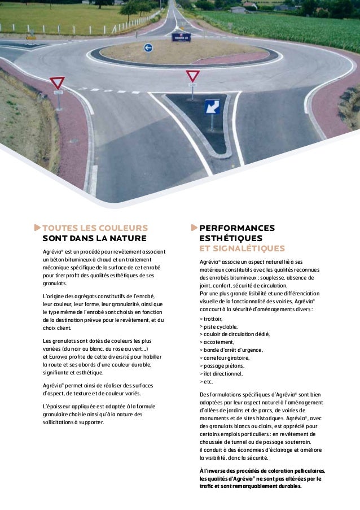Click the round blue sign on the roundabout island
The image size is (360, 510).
pyautogui.click(x=148, y=48)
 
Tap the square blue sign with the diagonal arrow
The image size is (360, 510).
pyautogui.click(x=212, y=106)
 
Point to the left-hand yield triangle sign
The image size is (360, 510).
pyautogui.click(x=57, y=83)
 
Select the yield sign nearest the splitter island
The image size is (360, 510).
pyautogui.click(x=193, y=76)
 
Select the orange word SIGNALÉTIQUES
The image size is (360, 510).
pyautogui.click(x=242, y=249)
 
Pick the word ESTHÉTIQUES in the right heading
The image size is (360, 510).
pyautogui.click(x=231, y=238)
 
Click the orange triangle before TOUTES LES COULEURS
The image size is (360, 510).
pyautogui.click(x=37, y=228)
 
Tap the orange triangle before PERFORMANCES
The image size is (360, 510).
pyautogui.click(x=195, y=228)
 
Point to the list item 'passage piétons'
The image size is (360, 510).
pyautogui.click(x=223, y=366)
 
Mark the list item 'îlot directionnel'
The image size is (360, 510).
pyautogui.click(x=223, y=374)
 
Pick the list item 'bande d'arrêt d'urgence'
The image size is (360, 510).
pyautogui.click(x=230, y=350)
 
